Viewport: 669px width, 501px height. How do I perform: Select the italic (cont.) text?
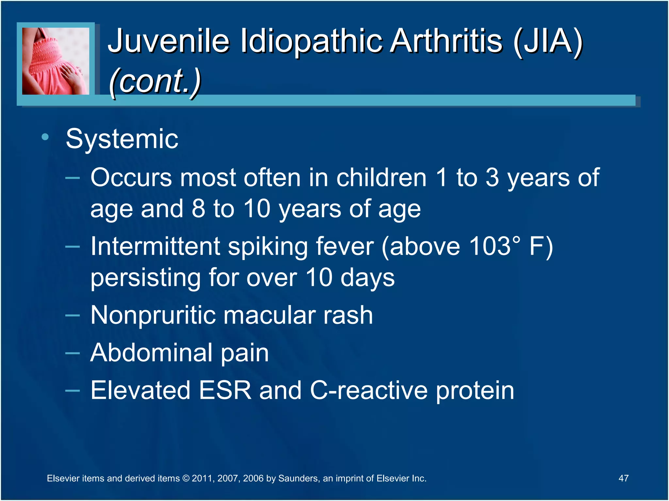click(155, 81)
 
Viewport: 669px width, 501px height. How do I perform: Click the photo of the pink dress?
click(56, 61)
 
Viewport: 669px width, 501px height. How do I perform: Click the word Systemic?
click(122, 139)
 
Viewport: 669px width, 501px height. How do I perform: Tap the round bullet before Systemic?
click(45, 137)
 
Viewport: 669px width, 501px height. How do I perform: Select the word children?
click(381, 178)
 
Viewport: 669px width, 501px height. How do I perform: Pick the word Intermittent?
click(155, 246)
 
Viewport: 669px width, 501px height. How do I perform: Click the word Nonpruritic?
click(153, 315)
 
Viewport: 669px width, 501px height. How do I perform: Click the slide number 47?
click(623, 478)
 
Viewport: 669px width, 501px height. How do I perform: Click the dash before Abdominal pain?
click(72, 353)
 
